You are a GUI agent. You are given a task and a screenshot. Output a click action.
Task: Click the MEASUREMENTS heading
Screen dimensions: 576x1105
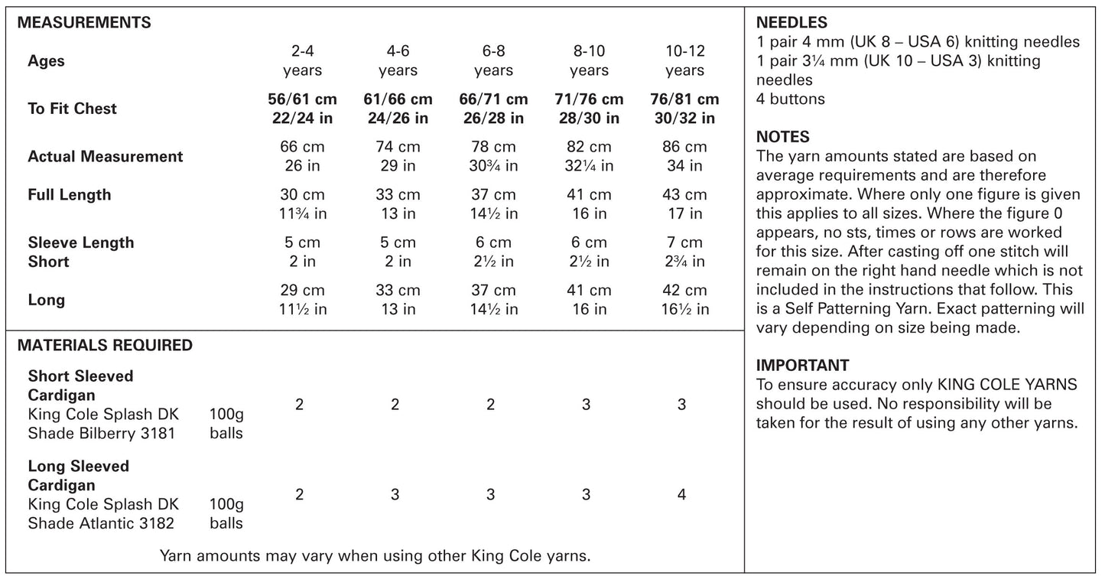[84, 23]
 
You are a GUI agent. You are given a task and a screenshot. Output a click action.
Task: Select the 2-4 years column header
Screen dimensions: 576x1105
[302, 61]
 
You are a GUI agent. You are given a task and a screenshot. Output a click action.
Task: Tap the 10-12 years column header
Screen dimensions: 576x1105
[684, 61]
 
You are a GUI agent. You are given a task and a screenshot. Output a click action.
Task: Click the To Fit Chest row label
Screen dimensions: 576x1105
[73, 109]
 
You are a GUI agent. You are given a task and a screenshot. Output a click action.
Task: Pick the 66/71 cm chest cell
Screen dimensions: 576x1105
[493, 109]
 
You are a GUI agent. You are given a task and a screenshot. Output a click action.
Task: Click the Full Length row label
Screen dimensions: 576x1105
[70, 195]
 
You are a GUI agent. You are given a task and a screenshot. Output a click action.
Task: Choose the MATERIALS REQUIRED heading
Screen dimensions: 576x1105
[105, 346]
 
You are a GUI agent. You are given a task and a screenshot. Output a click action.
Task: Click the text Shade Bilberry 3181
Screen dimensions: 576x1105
[102, 434]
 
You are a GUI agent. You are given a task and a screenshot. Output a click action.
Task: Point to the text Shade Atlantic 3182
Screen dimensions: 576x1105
[101, 523]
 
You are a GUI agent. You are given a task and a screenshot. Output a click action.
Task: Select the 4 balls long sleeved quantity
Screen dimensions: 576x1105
[681, 495]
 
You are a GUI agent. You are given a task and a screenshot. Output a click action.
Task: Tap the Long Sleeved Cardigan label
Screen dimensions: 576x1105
[79, 476]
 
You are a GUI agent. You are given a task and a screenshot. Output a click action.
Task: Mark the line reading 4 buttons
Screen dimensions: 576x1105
[791, 99]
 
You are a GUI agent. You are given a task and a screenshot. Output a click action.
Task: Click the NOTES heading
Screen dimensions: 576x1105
[783, 138]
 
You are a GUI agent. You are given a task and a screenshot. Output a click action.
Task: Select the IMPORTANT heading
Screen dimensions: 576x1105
[802, 366]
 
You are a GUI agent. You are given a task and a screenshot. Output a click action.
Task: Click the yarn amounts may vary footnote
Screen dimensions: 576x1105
[375, 555]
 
